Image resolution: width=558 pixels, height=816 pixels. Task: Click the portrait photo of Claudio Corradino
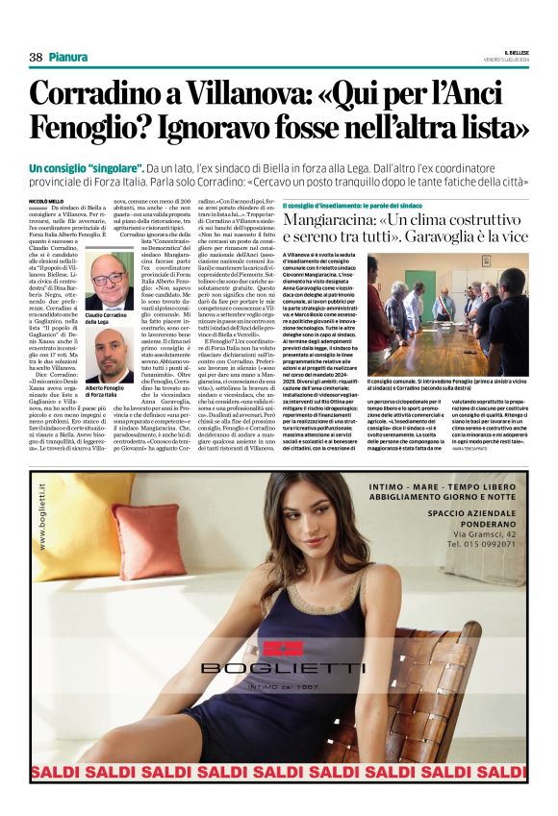(108, 283)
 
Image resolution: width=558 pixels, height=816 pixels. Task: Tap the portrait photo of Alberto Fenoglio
(108, 356)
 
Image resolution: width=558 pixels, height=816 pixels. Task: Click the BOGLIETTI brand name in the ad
(283, 667)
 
